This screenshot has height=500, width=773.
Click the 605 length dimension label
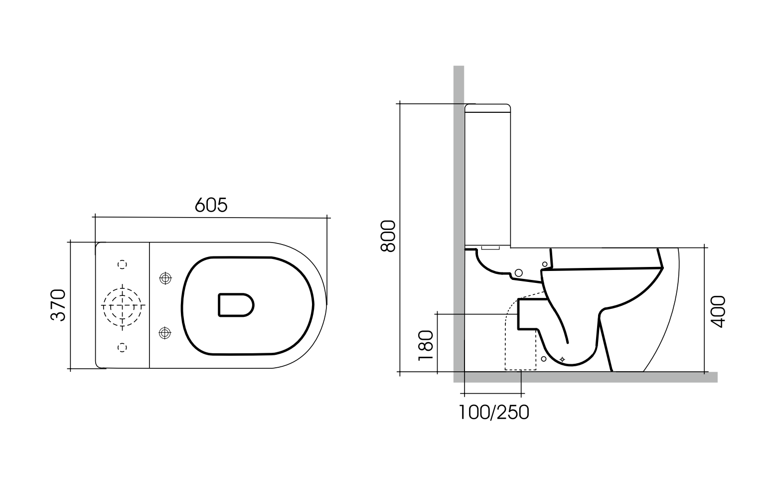(x=211, y=205)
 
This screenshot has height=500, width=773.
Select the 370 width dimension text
(x=59, y=305)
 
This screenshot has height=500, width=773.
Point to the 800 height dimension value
(x=387, y=236)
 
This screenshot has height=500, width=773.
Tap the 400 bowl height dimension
(x=717, y=311)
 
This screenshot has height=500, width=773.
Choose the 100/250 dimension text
(x=493, y=412)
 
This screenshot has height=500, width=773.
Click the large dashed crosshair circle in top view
(x=123, y=305)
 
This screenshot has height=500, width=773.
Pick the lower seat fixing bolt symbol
(x=164, y=332)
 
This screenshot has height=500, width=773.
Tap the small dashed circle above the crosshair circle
(x=123, y=264)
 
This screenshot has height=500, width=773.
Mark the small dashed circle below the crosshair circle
(x=123, y=347)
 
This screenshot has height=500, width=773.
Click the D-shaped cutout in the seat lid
(x=236, y=305)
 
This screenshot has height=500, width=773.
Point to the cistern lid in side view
(x=488, y=108)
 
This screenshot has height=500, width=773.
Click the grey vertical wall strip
(x=459, y=200)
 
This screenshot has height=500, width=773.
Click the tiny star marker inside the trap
(x=563, y=359)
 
